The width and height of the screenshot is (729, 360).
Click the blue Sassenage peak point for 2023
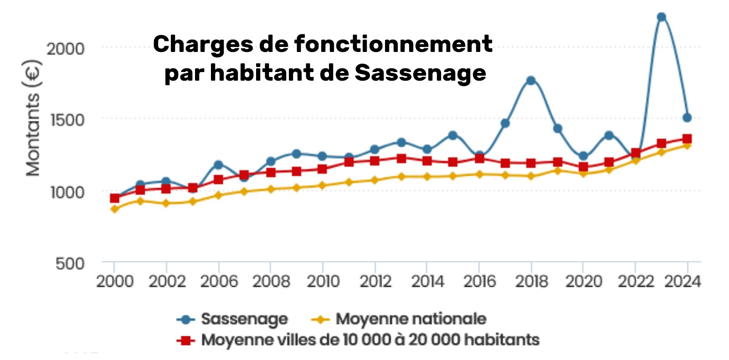(x=661, y=17)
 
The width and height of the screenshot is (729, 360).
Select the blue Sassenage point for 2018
(x=531, y=81)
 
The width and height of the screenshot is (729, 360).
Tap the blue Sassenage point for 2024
(x=687, y=118)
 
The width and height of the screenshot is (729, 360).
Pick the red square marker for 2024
(x=687, y=139)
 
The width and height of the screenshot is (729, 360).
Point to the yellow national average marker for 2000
(x=115, y=209)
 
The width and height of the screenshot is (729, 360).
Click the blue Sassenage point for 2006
(x=218, y=165)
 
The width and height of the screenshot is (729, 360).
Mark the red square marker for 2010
(x=322, y=169)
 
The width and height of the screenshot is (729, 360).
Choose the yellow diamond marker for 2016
(x=479, y=174)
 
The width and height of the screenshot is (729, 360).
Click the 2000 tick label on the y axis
(x=66, y=49)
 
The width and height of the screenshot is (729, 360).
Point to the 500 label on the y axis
(x=70, y=263)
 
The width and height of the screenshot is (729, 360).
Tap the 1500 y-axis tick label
(x=67, y=120)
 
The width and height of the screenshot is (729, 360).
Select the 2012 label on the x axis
(x=375, y=282)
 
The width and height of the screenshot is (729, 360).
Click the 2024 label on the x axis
(x=682, y=282)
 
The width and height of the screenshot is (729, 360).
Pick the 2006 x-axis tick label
(x=219, y=282)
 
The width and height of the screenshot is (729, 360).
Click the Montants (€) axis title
(x=33, y=118)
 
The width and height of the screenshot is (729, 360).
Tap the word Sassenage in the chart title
(x=420, y=73)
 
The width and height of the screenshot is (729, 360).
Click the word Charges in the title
(x=203, y=45)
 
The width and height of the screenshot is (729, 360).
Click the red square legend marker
(x=185, y=340)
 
